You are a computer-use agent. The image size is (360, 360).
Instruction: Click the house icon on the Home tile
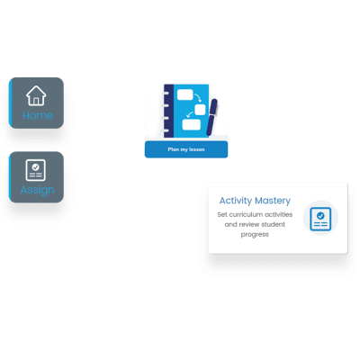[36, 95]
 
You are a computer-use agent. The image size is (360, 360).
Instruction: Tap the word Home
[38, 115]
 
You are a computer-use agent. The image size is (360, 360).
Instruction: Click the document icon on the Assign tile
[36, 170]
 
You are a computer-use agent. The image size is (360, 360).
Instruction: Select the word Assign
[38, 190]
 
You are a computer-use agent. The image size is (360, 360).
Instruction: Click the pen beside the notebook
[212, 116]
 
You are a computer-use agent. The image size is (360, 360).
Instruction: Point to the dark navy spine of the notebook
[168, 111]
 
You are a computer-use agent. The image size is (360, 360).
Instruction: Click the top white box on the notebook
[185, 94]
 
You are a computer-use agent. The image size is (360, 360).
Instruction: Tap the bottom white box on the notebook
[192, 124]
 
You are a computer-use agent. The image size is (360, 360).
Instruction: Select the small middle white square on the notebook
[200, 110]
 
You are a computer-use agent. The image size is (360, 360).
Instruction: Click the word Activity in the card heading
[236, 201]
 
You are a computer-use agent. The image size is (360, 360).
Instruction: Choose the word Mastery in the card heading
[273, 201]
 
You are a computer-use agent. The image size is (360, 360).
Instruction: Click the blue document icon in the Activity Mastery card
[320, 219]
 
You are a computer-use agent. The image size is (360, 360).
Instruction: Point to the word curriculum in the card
[246, 214]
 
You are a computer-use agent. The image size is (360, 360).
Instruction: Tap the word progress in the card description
[255, 235]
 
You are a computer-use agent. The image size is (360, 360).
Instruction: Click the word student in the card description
[273, 224]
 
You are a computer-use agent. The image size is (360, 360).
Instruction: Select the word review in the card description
[248, 224]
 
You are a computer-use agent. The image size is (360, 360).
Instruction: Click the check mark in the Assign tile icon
[36, 166]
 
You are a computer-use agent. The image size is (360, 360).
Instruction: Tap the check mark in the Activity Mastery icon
[320, 215]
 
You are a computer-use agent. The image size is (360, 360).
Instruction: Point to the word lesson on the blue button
[197, 149]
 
